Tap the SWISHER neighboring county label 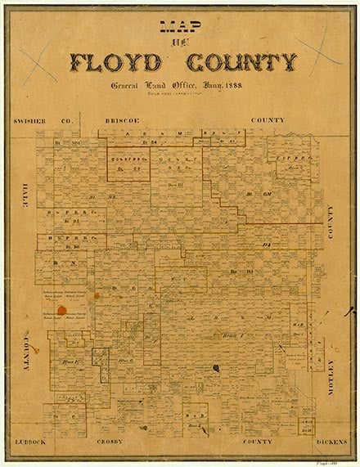click(x=34, y=120)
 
